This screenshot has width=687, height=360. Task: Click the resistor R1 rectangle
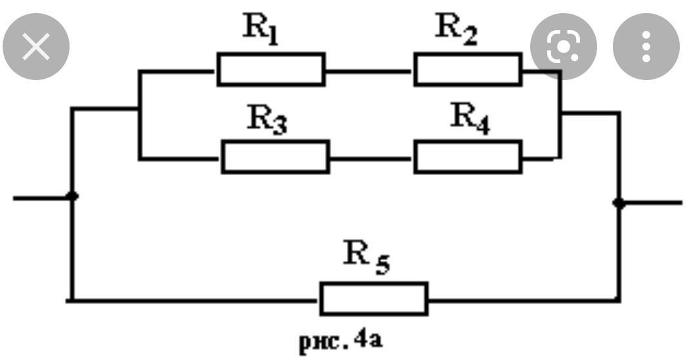point(270,70)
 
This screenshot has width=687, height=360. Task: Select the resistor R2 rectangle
point(467,70)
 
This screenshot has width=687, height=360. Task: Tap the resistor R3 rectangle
point(275,157)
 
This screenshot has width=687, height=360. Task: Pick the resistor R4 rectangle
point(467,157)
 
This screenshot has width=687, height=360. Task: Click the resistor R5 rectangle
point(373,299)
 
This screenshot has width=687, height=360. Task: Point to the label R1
point(260,30)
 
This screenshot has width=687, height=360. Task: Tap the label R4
point(470,119)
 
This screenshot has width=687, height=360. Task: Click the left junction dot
point(73,196)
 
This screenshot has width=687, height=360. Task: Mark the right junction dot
point(618,203)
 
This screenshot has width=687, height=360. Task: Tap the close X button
point(36,47)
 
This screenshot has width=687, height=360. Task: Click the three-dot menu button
point(646,47)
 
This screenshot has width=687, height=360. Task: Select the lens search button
point(563,47)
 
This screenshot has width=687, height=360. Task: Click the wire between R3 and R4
point(371,158)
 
